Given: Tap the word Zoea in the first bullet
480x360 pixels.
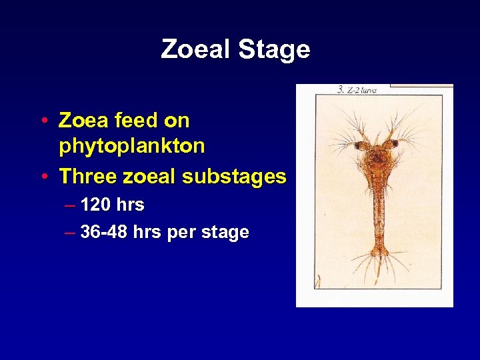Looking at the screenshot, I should click(83, 121).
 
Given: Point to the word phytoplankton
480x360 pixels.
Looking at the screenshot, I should click(131, 146).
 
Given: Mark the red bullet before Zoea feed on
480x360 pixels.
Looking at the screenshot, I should click(43, 121).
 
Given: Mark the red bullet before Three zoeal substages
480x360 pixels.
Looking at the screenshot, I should click(43, 177).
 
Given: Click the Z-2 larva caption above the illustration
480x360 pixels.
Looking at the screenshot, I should click(357, 90).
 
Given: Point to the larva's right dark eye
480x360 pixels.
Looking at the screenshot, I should click(394, 143).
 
